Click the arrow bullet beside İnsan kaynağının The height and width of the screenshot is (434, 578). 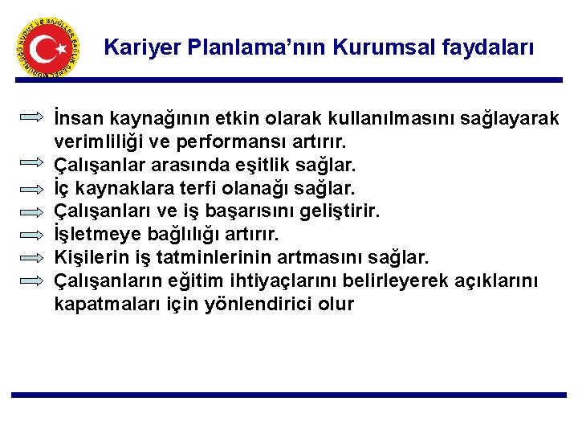[x=32, y=117]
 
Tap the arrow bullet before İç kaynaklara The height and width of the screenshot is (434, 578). [x=32, y=187]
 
